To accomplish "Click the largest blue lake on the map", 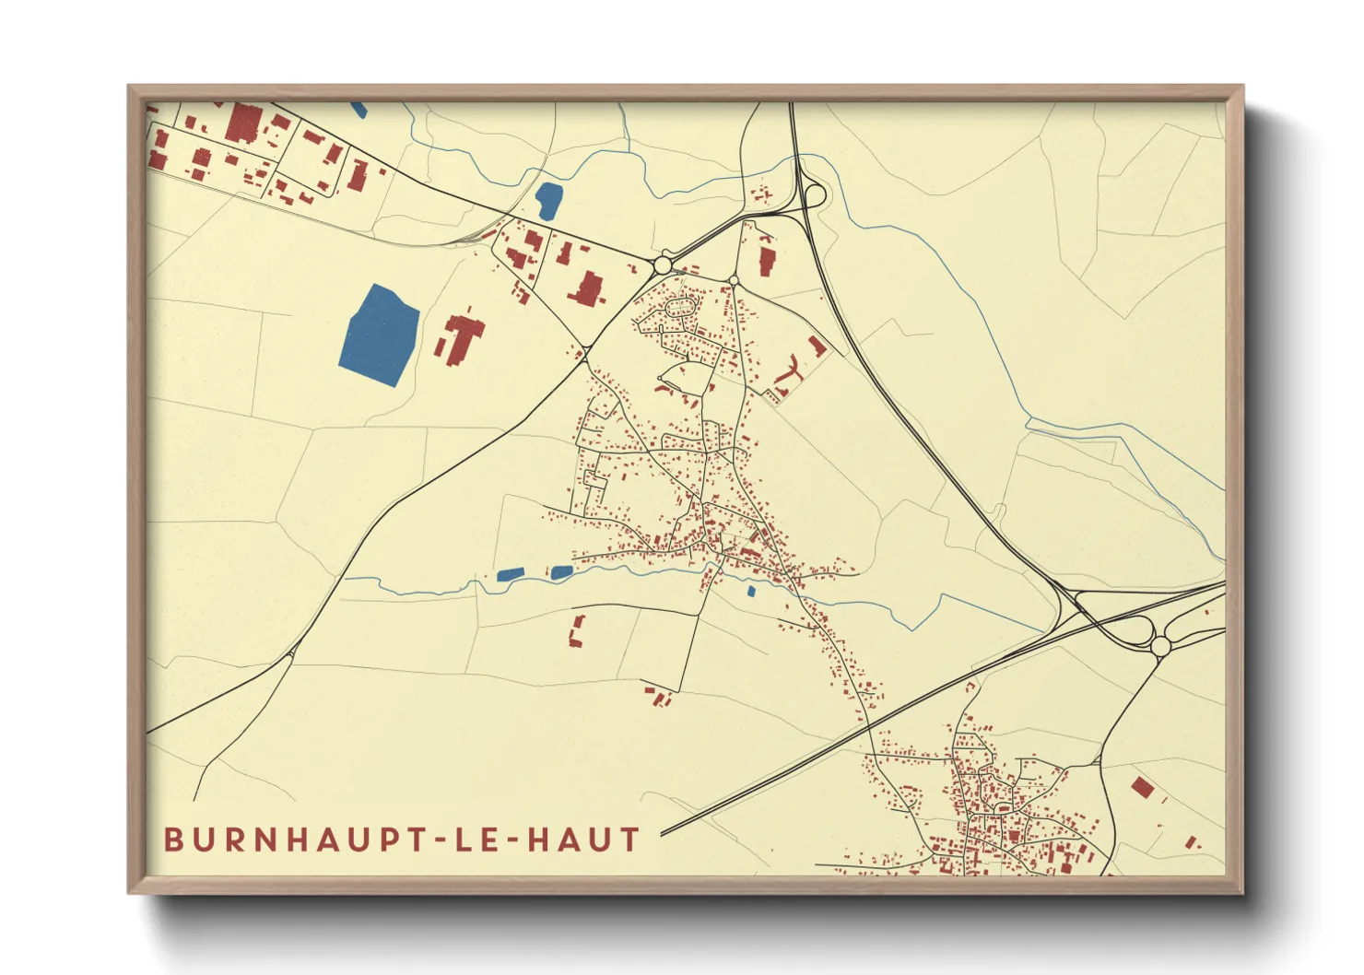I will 380,335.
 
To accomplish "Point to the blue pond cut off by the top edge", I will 359,109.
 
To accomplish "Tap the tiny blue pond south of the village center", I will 751,592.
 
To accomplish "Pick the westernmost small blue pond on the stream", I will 510,575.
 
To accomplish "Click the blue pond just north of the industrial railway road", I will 548,201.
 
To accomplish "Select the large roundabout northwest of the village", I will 662,265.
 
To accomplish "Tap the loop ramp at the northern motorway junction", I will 814,195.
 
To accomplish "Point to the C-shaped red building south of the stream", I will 577,631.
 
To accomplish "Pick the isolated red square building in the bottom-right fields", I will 1142,787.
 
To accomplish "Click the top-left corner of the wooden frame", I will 129,87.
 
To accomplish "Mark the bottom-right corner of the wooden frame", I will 1242,892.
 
